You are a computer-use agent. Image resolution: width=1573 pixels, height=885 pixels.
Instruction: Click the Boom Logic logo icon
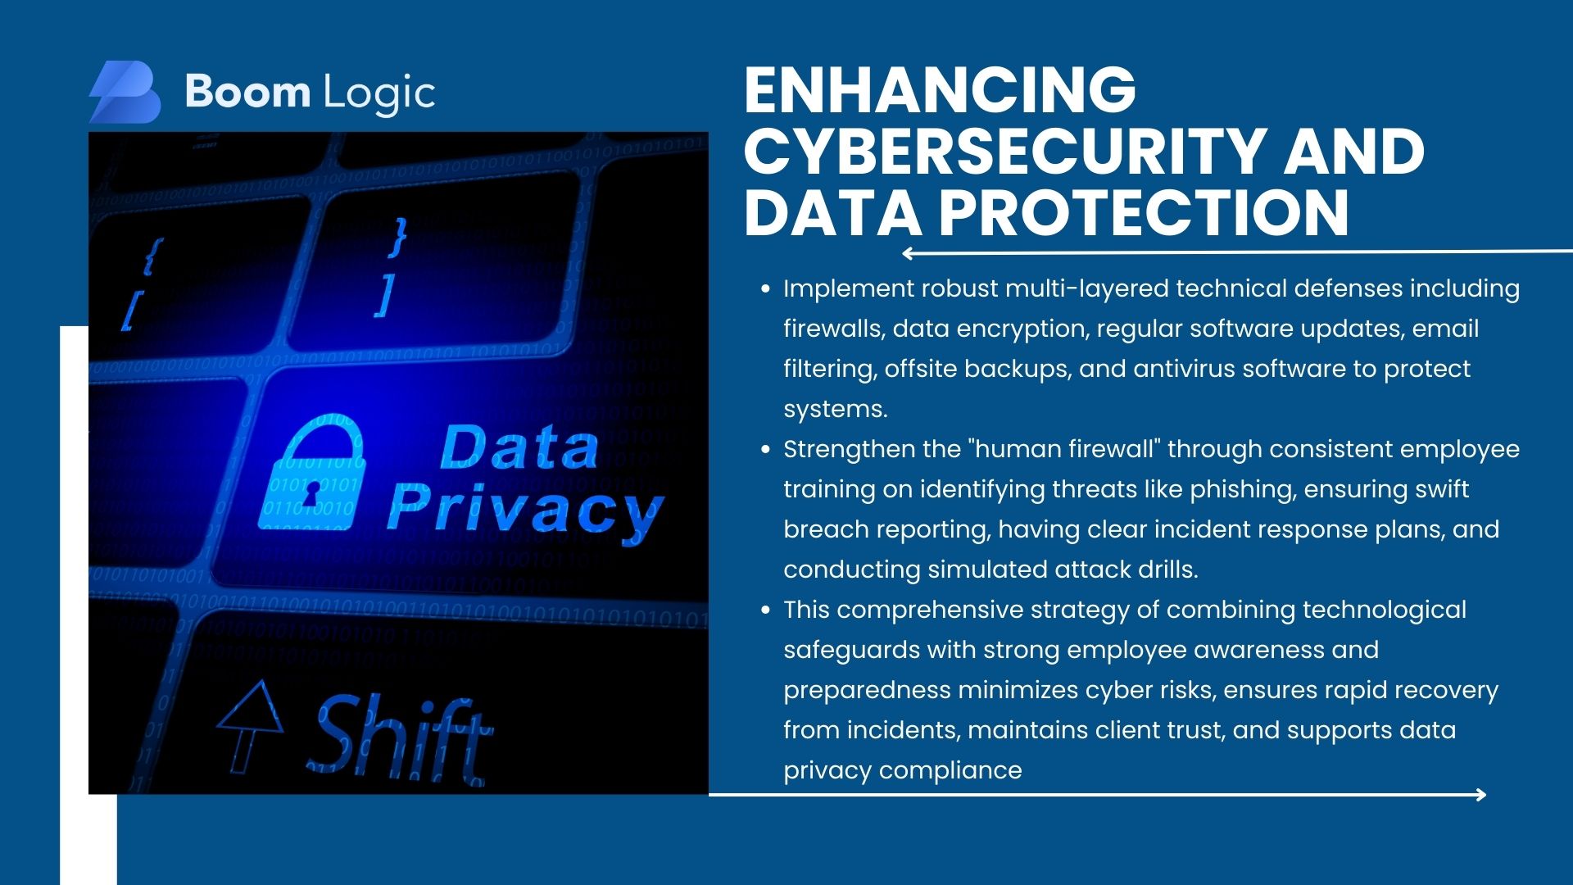[x=125, y=92]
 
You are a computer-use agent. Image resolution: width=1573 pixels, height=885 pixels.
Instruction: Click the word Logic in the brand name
[x=379, y=93]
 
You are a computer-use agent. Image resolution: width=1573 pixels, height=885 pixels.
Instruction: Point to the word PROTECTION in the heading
[x=1144, y=212]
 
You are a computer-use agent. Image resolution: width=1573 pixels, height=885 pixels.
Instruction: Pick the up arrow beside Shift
[x=249, y=726]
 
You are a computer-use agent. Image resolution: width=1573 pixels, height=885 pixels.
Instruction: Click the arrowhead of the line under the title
[x=908, y=253]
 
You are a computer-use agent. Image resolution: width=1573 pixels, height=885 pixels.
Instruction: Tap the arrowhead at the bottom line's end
[x=1480, y=794]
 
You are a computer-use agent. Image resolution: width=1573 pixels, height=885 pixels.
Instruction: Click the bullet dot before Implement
[x=765, y=289]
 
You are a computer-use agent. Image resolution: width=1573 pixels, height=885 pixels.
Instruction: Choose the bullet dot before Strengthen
[x=765, y=450]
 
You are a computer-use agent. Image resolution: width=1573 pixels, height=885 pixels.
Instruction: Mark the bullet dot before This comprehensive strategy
[x=765, y=610]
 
